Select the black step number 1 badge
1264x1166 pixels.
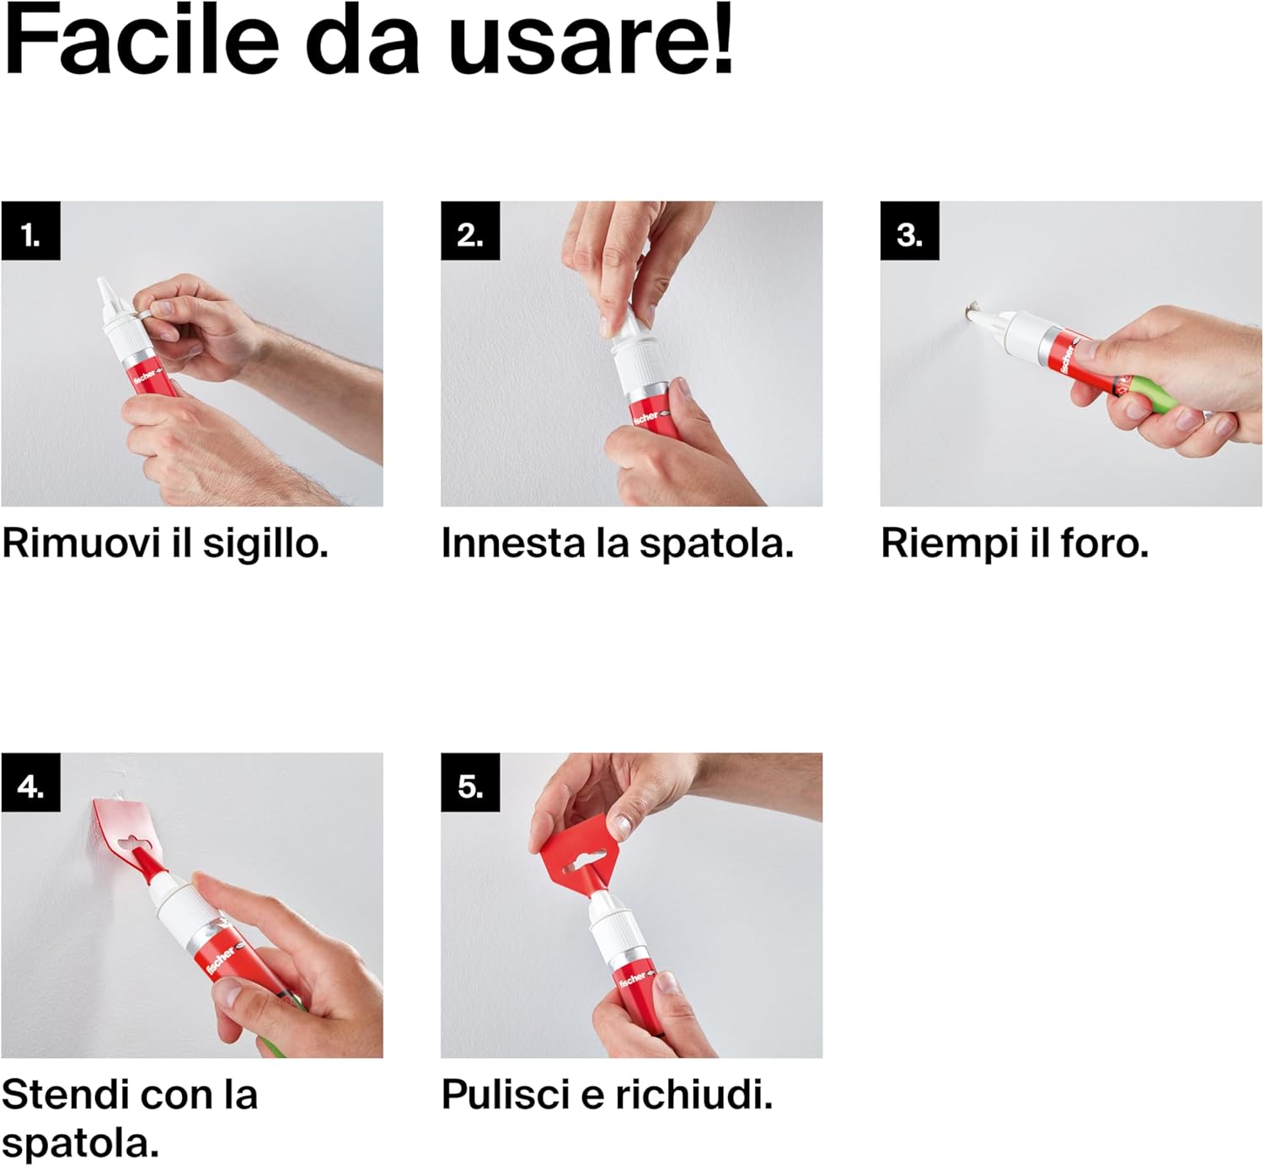(x=30, y=230)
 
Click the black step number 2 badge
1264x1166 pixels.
(x=470, y=230)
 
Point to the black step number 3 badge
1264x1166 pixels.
(x=909, y=230)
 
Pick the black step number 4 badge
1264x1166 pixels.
(x=30, y=782)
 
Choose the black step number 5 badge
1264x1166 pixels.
(x=470, y=782)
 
